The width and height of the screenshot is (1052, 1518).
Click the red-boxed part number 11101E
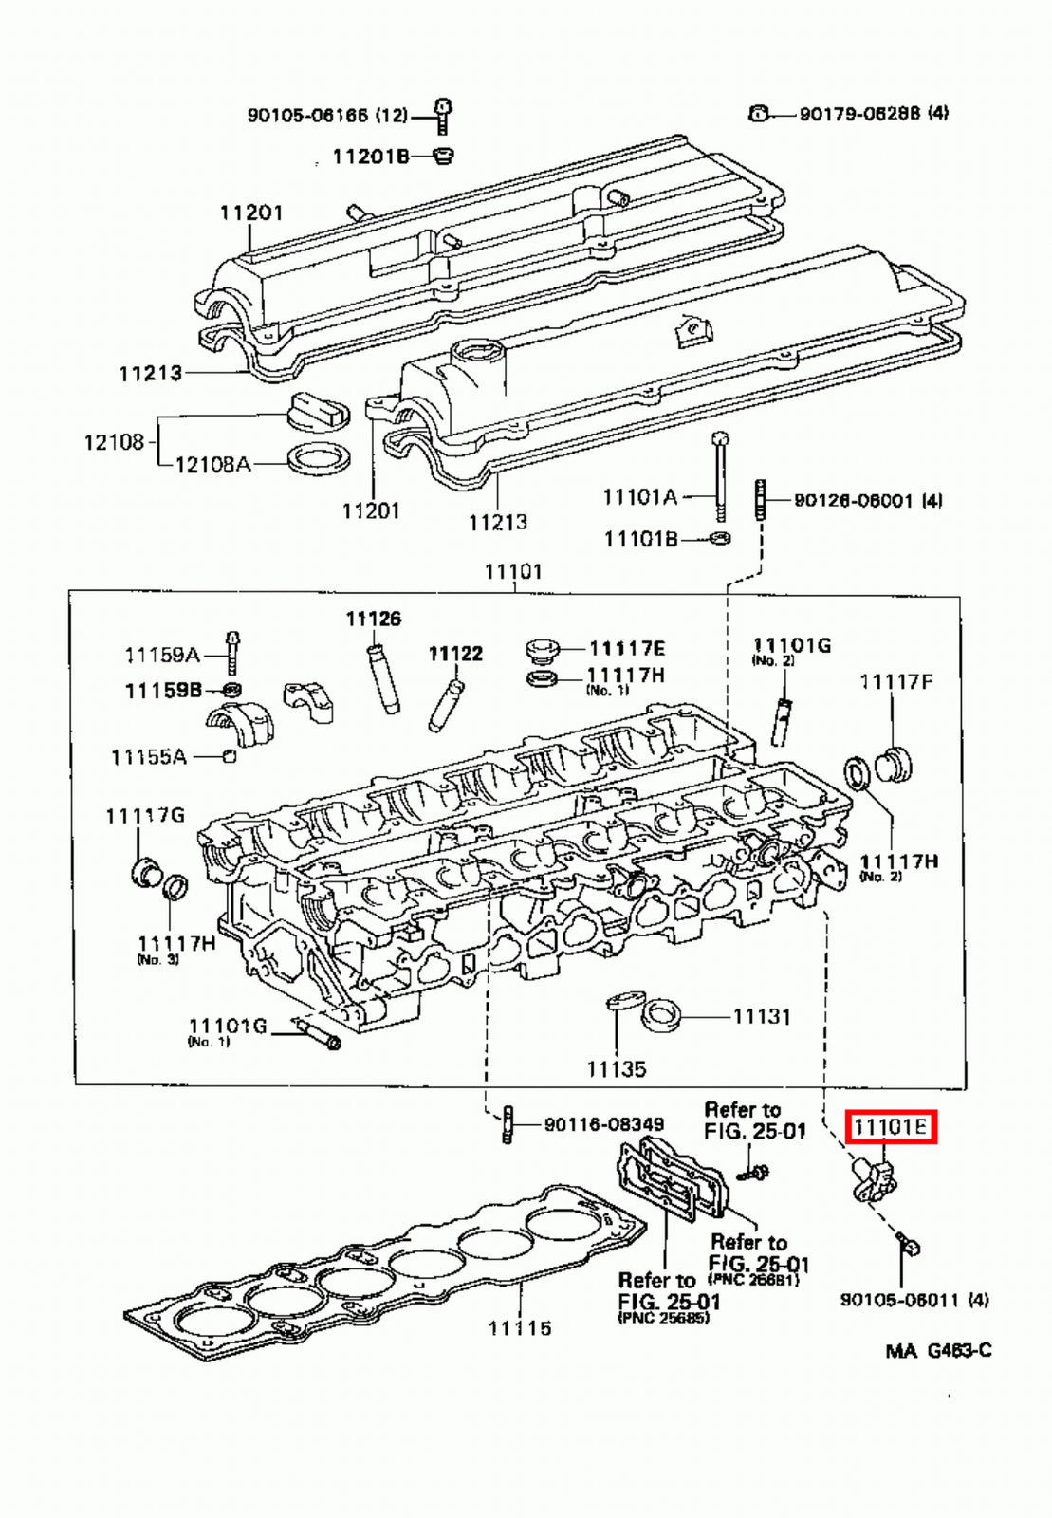[x=890, y=1127]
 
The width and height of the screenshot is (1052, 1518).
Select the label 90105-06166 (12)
[x=326, y=116]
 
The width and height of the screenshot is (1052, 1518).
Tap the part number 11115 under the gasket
[x=519, y=1327]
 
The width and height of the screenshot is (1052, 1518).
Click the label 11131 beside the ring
[x=761, y=1016]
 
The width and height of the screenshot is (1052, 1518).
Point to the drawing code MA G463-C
[x=938, y=1350]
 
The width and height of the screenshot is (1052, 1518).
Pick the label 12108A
[x=212, y=464]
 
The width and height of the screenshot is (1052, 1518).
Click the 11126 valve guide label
[x=373, y=619]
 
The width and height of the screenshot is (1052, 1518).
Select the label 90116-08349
[x=603, y=1124]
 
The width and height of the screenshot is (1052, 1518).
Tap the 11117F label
[x=895, y=681]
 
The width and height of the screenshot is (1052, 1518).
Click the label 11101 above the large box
[x=512, y=571]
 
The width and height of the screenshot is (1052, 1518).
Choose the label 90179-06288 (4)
[x=873, y=113]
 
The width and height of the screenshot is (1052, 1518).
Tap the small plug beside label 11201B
[x=441, y=155]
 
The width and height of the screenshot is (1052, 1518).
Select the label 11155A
[x=148, y=756]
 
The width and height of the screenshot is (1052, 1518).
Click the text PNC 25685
[x=663, y=1318]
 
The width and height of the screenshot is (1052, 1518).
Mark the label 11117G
[x=144, y=815]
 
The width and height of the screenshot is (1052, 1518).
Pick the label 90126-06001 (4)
[x=867, y=500]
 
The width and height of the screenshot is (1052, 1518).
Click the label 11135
[x=616, y=1069]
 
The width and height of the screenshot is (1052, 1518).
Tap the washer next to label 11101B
[x=720, y=539]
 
